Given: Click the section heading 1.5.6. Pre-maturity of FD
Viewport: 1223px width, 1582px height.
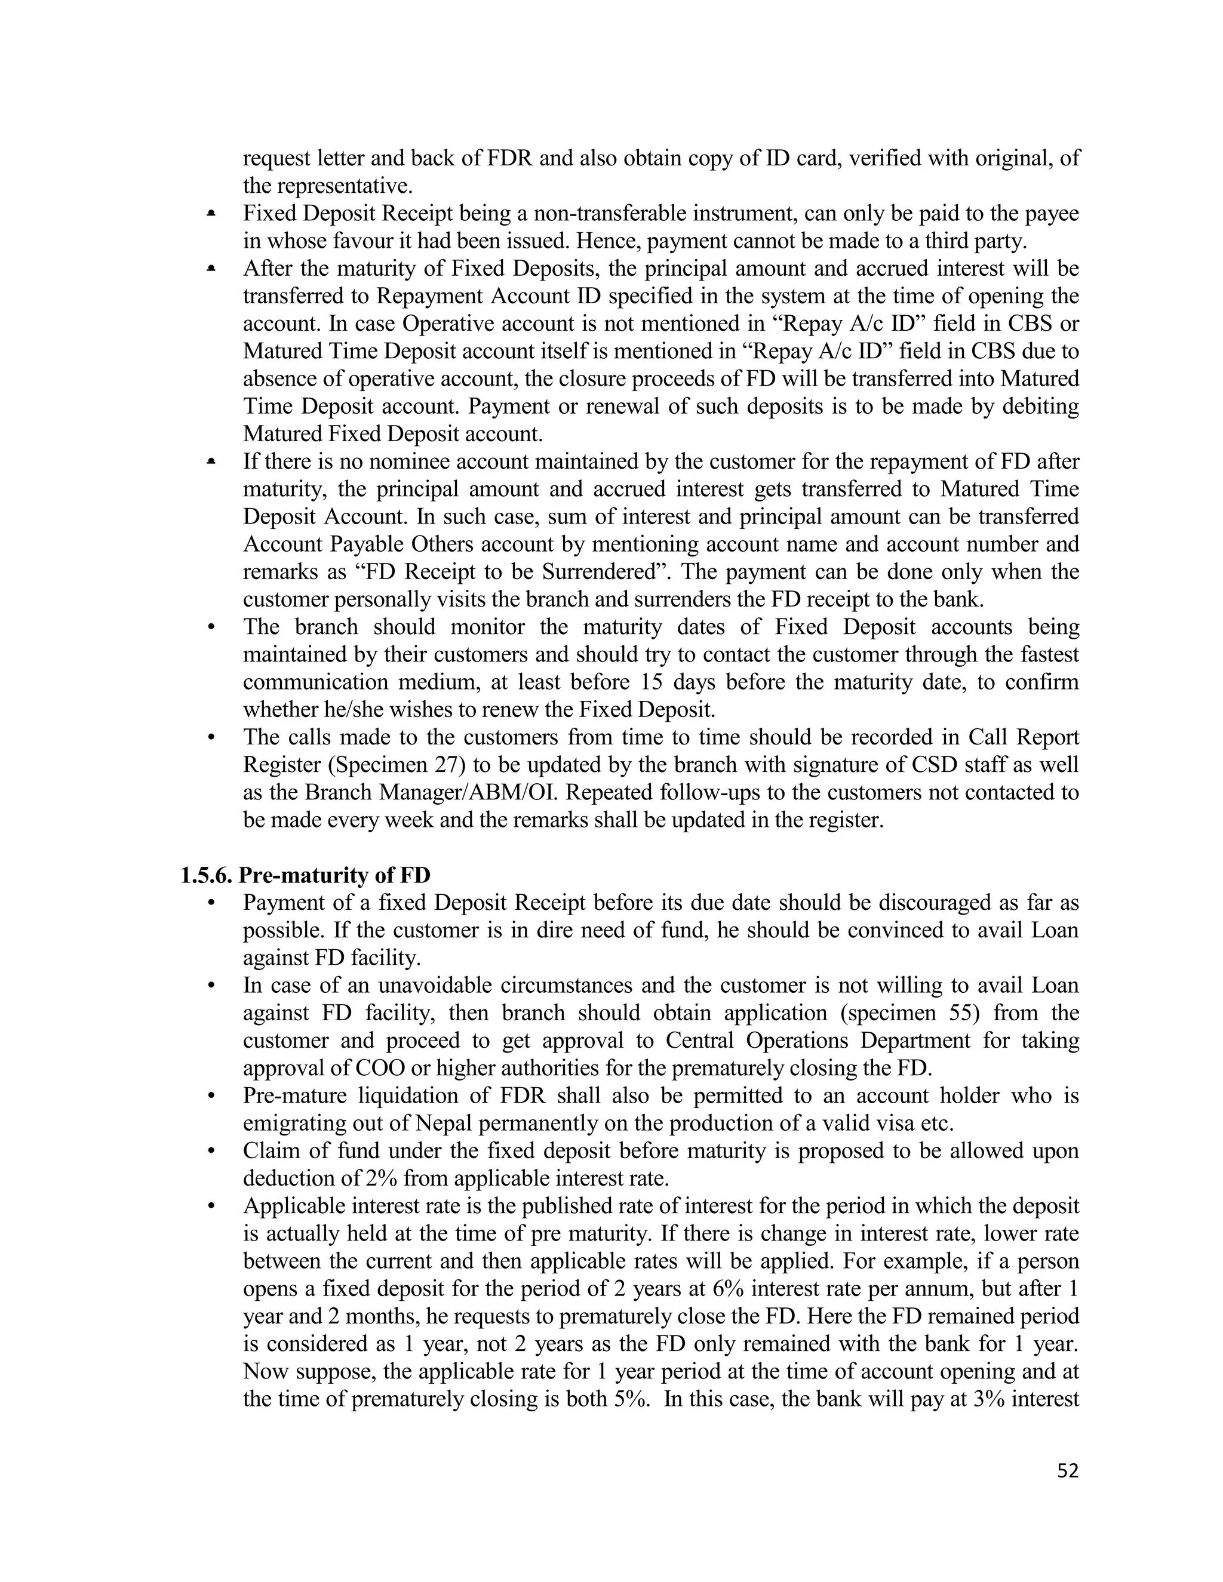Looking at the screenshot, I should (305, 875).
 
